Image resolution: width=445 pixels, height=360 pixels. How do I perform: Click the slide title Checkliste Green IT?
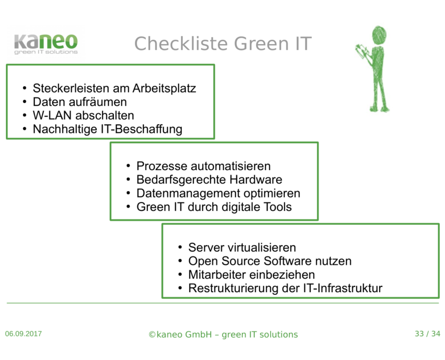point(223,44)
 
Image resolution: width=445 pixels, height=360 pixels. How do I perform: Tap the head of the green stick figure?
point(379,35)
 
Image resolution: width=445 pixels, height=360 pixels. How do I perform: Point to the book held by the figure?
point(362,52)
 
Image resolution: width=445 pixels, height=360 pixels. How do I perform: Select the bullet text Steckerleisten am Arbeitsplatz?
point(114,88)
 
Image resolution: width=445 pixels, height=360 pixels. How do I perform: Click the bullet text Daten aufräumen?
point(80,102)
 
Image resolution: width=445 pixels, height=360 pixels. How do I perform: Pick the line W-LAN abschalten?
point(83,115)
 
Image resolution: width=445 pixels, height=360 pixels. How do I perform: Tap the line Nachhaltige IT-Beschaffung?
point(107,129)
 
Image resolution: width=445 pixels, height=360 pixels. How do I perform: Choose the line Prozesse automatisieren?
point(203,166)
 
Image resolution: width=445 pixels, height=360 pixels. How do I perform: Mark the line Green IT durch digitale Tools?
point(214,207)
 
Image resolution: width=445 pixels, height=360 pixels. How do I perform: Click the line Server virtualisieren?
point(242,247)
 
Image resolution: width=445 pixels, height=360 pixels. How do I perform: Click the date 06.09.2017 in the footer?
point(24,334)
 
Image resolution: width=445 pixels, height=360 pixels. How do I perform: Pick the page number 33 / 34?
point(427,334)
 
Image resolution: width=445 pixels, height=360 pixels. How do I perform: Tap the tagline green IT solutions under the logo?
point(46,52)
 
